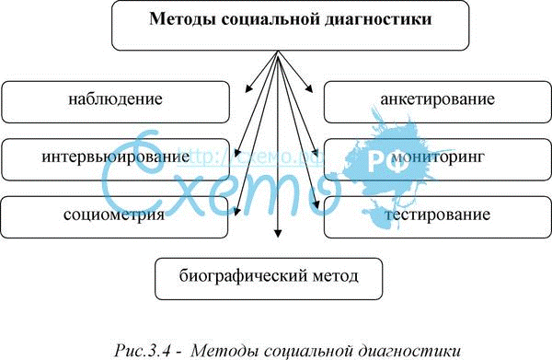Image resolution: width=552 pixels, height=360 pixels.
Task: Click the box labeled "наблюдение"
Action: coord(116,102)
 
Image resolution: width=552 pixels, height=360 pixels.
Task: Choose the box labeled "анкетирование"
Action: coord(438,102)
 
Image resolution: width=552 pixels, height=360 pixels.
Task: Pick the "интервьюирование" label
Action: coord(116,156)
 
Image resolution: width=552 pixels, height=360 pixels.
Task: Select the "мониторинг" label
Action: coord(438,157)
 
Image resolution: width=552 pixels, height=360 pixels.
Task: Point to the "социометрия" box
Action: coord(114,217)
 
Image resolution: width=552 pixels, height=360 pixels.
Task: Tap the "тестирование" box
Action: coord(438,217)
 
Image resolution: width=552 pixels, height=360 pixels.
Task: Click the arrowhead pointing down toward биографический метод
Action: coord(278,233)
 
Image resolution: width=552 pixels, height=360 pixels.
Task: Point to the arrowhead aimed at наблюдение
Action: coord(247,88)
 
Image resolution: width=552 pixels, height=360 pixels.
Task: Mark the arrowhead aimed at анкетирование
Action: coord(309,89)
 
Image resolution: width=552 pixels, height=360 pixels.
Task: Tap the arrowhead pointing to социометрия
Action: coord(236,211)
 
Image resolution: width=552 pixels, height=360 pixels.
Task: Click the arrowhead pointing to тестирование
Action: coord(316,204)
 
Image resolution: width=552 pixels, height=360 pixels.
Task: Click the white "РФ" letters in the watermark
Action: coord(383,163)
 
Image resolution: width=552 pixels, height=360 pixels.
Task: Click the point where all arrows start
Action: coord(278,51)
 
